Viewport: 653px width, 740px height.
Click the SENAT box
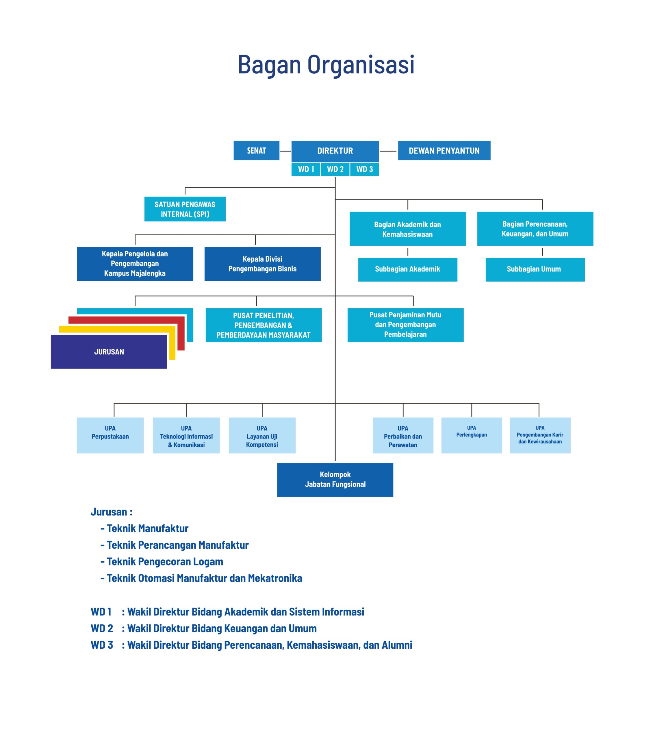256,150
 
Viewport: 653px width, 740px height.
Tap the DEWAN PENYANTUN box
444,150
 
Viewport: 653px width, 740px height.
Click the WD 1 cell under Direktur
306,169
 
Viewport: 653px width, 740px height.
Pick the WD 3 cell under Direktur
365,169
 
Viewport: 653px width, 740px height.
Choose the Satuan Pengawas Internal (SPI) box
185,209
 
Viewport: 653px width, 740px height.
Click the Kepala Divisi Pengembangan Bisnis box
262,264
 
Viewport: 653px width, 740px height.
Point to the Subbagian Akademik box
408,269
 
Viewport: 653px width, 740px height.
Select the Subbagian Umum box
535,269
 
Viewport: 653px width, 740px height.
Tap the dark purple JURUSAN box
109,351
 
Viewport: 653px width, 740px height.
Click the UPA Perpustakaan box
110,435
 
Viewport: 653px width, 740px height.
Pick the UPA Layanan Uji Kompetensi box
262,435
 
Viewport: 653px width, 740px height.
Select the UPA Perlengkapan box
471,435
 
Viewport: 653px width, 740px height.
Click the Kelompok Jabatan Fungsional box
335,480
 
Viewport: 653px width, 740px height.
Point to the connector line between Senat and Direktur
285,151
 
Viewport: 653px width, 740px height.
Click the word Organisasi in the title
361,65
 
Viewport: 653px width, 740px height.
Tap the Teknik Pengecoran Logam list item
162,562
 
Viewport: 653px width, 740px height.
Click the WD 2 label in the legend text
102,628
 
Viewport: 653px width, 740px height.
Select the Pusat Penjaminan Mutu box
405,325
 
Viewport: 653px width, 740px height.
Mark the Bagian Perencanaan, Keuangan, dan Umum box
535,229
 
